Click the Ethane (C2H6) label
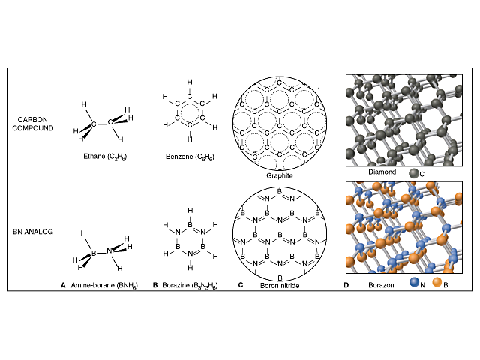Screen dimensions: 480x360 pyautogui.click(x=105, y=157)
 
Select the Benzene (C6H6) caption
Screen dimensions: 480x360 pyautogui.click(x=190, y=157)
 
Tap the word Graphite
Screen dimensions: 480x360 pyautogui.click(x=280, y=175)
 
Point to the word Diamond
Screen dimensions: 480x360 pyautogui.click(x=382, y=172)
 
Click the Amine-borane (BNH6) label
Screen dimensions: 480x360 pyautogui.click(x=104, y=285)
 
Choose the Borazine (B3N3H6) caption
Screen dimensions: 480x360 pyautogui.click(x=190, y=285)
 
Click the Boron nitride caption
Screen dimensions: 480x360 pyautogui.click(x=280, y=285)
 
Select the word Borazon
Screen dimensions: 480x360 pyautogui.click(x=381, y=285)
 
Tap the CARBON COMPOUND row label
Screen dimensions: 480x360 pyautogui.click(x=33, y=124)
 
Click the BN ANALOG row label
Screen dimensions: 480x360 pyautogui.click(x=33, y=232)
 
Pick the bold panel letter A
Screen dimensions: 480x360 pyautogui.click(x=63, y=285)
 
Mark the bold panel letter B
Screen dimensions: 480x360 pyautogui.click(x=155, y=285)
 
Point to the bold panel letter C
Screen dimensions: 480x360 pyautogui.click(x=241, y=285)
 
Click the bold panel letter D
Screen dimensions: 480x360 pyautogui.click(x=346, y=285)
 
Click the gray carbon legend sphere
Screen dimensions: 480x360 pyautogui.click(x=414, y=173)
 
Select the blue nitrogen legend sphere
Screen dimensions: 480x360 pyautogui.click(x=415, y=282)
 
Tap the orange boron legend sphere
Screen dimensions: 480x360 pyautogui.click(x=437, y=282)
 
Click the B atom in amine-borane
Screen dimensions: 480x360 pyautogui.click(x=94, y=253)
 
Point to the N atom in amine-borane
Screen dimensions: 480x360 pyautogui.click(x=109, y=251)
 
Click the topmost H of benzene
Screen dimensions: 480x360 pyautogui.click(x=190, y=82)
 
